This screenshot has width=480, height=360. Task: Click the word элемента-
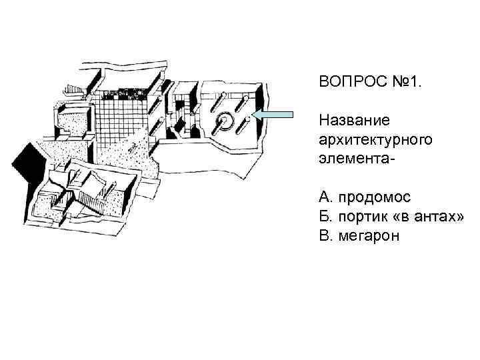click(355, 161)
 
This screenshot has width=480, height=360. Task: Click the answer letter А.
click(325, 197)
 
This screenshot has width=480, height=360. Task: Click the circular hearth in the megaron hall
click(223, 120)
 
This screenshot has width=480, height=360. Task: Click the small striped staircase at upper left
click(75, 89)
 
